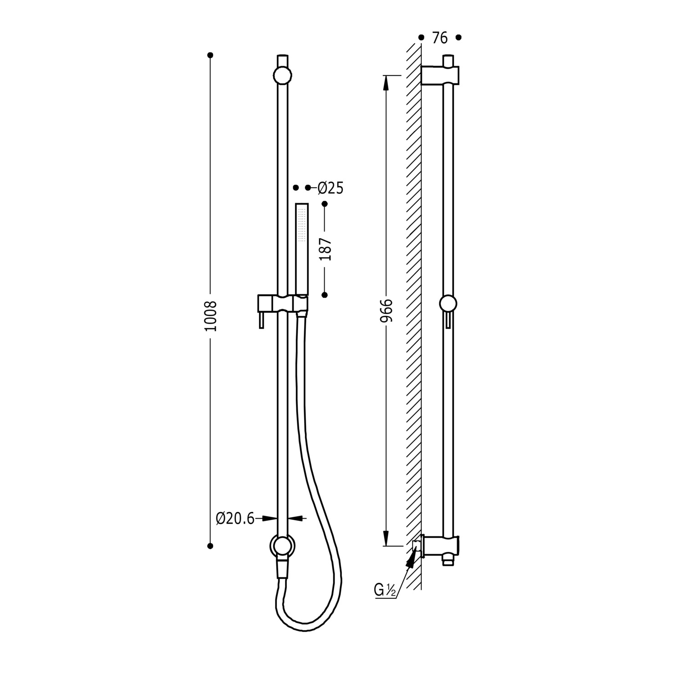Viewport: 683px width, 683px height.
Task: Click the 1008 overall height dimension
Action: pos(211,316)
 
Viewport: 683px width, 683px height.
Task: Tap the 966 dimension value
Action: pos(387,311)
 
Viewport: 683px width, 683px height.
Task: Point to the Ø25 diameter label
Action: pos(330,188)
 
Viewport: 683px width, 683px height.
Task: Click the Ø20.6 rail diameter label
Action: pos(235,518)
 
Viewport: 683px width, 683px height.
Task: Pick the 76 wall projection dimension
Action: pos(440,38)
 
